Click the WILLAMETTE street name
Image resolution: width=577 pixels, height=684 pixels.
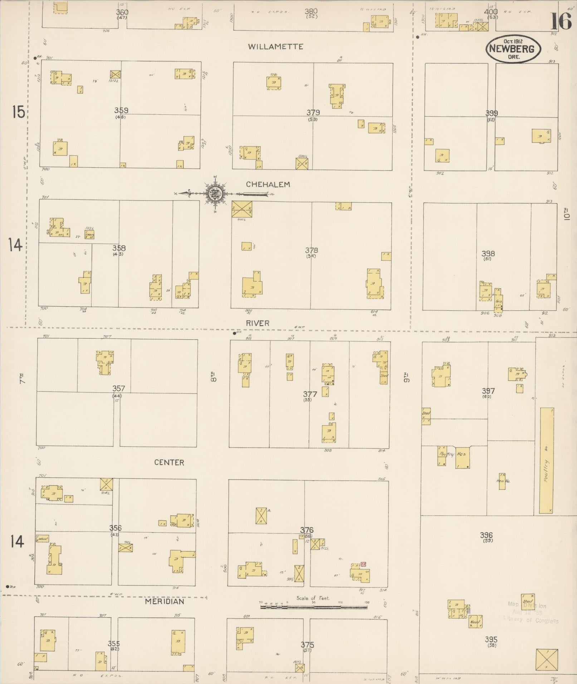[276, 46]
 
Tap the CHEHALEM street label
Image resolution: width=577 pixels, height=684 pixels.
[268, 184]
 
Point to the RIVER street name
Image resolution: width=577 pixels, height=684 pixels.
[258, 323]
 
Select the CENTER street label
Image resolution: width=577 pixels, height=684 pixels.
[169, 462]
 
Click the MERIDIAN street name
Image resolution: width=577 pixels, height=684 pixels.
[165, 601]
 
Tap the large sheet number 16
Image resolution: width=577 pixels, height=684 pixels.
[561, 21]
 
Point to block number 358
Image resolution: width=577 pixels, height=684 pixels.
[119, 248]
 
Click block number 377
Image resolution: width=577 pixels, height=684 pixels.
[310, 394]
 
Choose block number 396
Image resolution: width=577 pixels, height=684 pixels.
[486, 535]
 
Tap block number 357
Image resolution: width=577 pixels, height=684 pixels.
[119, 388]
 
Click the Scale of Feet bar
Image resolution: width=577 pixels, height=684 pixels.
[314, 606]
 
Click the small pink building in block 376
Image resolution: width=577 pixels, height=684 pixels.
[363, 564]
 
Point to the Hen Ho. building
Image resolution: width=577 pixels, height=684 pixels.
[502, 481]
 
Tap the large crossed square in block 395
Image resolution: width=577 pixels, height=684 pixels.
[547, 660]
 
